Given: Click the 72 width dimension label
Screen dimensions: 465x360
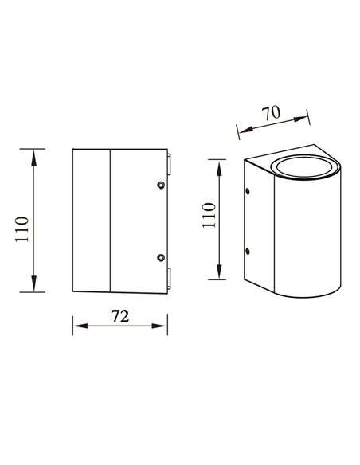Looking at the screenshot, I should (x=119, y=315).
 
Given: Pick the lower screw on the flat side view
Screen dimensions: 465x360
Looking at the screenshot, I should (x=162, y=257).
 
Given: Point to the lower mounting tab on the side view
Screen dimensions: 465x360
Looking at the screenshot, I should (x=169, y=278).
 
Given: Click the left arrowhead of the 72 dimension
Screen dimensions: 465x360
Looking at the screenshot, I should (x=76, y=325).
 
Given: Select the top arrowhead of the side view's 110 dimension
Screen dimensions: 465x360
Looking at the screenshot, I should (x=33, y=154).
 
